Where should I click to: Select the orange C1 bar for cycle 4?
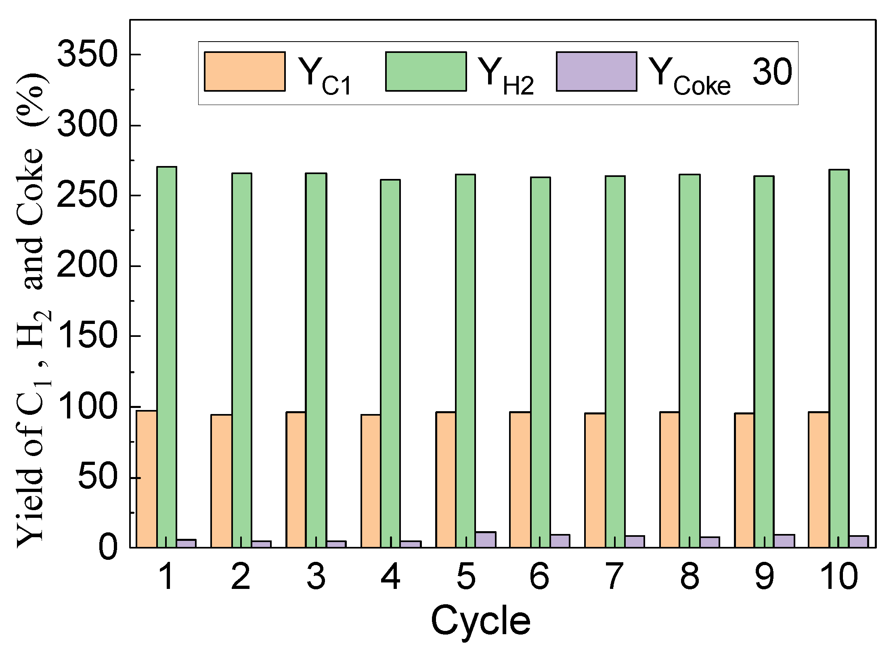[x=371, y=481]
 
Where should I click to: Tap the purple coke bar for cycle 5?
[x=485, y=540]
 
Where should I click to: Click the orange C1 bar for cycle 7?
[x=595, y=480]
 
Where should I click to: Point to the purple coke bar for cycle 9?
[x=784, y=541]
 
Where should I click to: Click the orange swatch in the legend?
[x=245, y=71]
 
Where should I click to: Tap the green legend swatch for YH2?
[x=426, y=71]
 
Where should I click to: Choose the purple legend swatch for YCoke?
[x=596, y=71]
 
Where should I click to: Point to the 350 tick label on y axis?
[x=87, y=55]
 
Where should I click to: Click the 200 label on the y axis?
[x=87, y=266]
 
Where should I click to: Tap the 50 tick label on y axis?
[x=97, y=477]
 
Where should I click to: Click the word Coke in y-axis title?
[x=30, y=188]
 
